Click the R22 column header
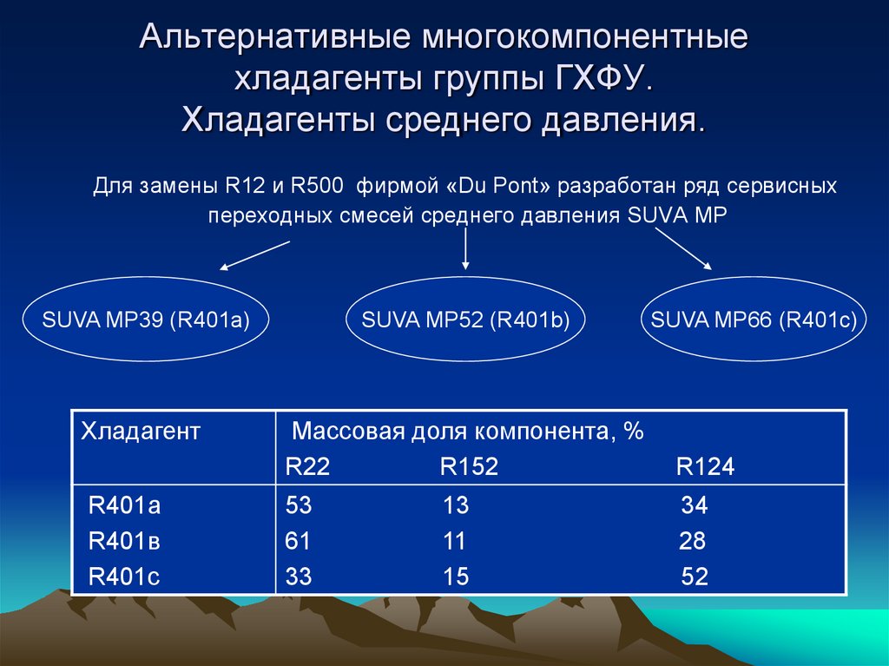pyautogui.click(x=307, y=467)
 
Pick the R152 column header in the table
pyautogui.click(x=469, y=467)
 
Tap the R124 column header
pyautogui.click(x=705, y=467)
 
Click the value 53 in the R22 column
pyautogui.click(x=298, y=506)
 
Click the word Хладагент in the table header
pyautogui.click(x=141, y=431)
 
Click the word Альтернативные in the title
pyautogui.click(x=274, y=38)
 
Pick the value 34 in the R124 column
pyautogui.click(x=694, y=506)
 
